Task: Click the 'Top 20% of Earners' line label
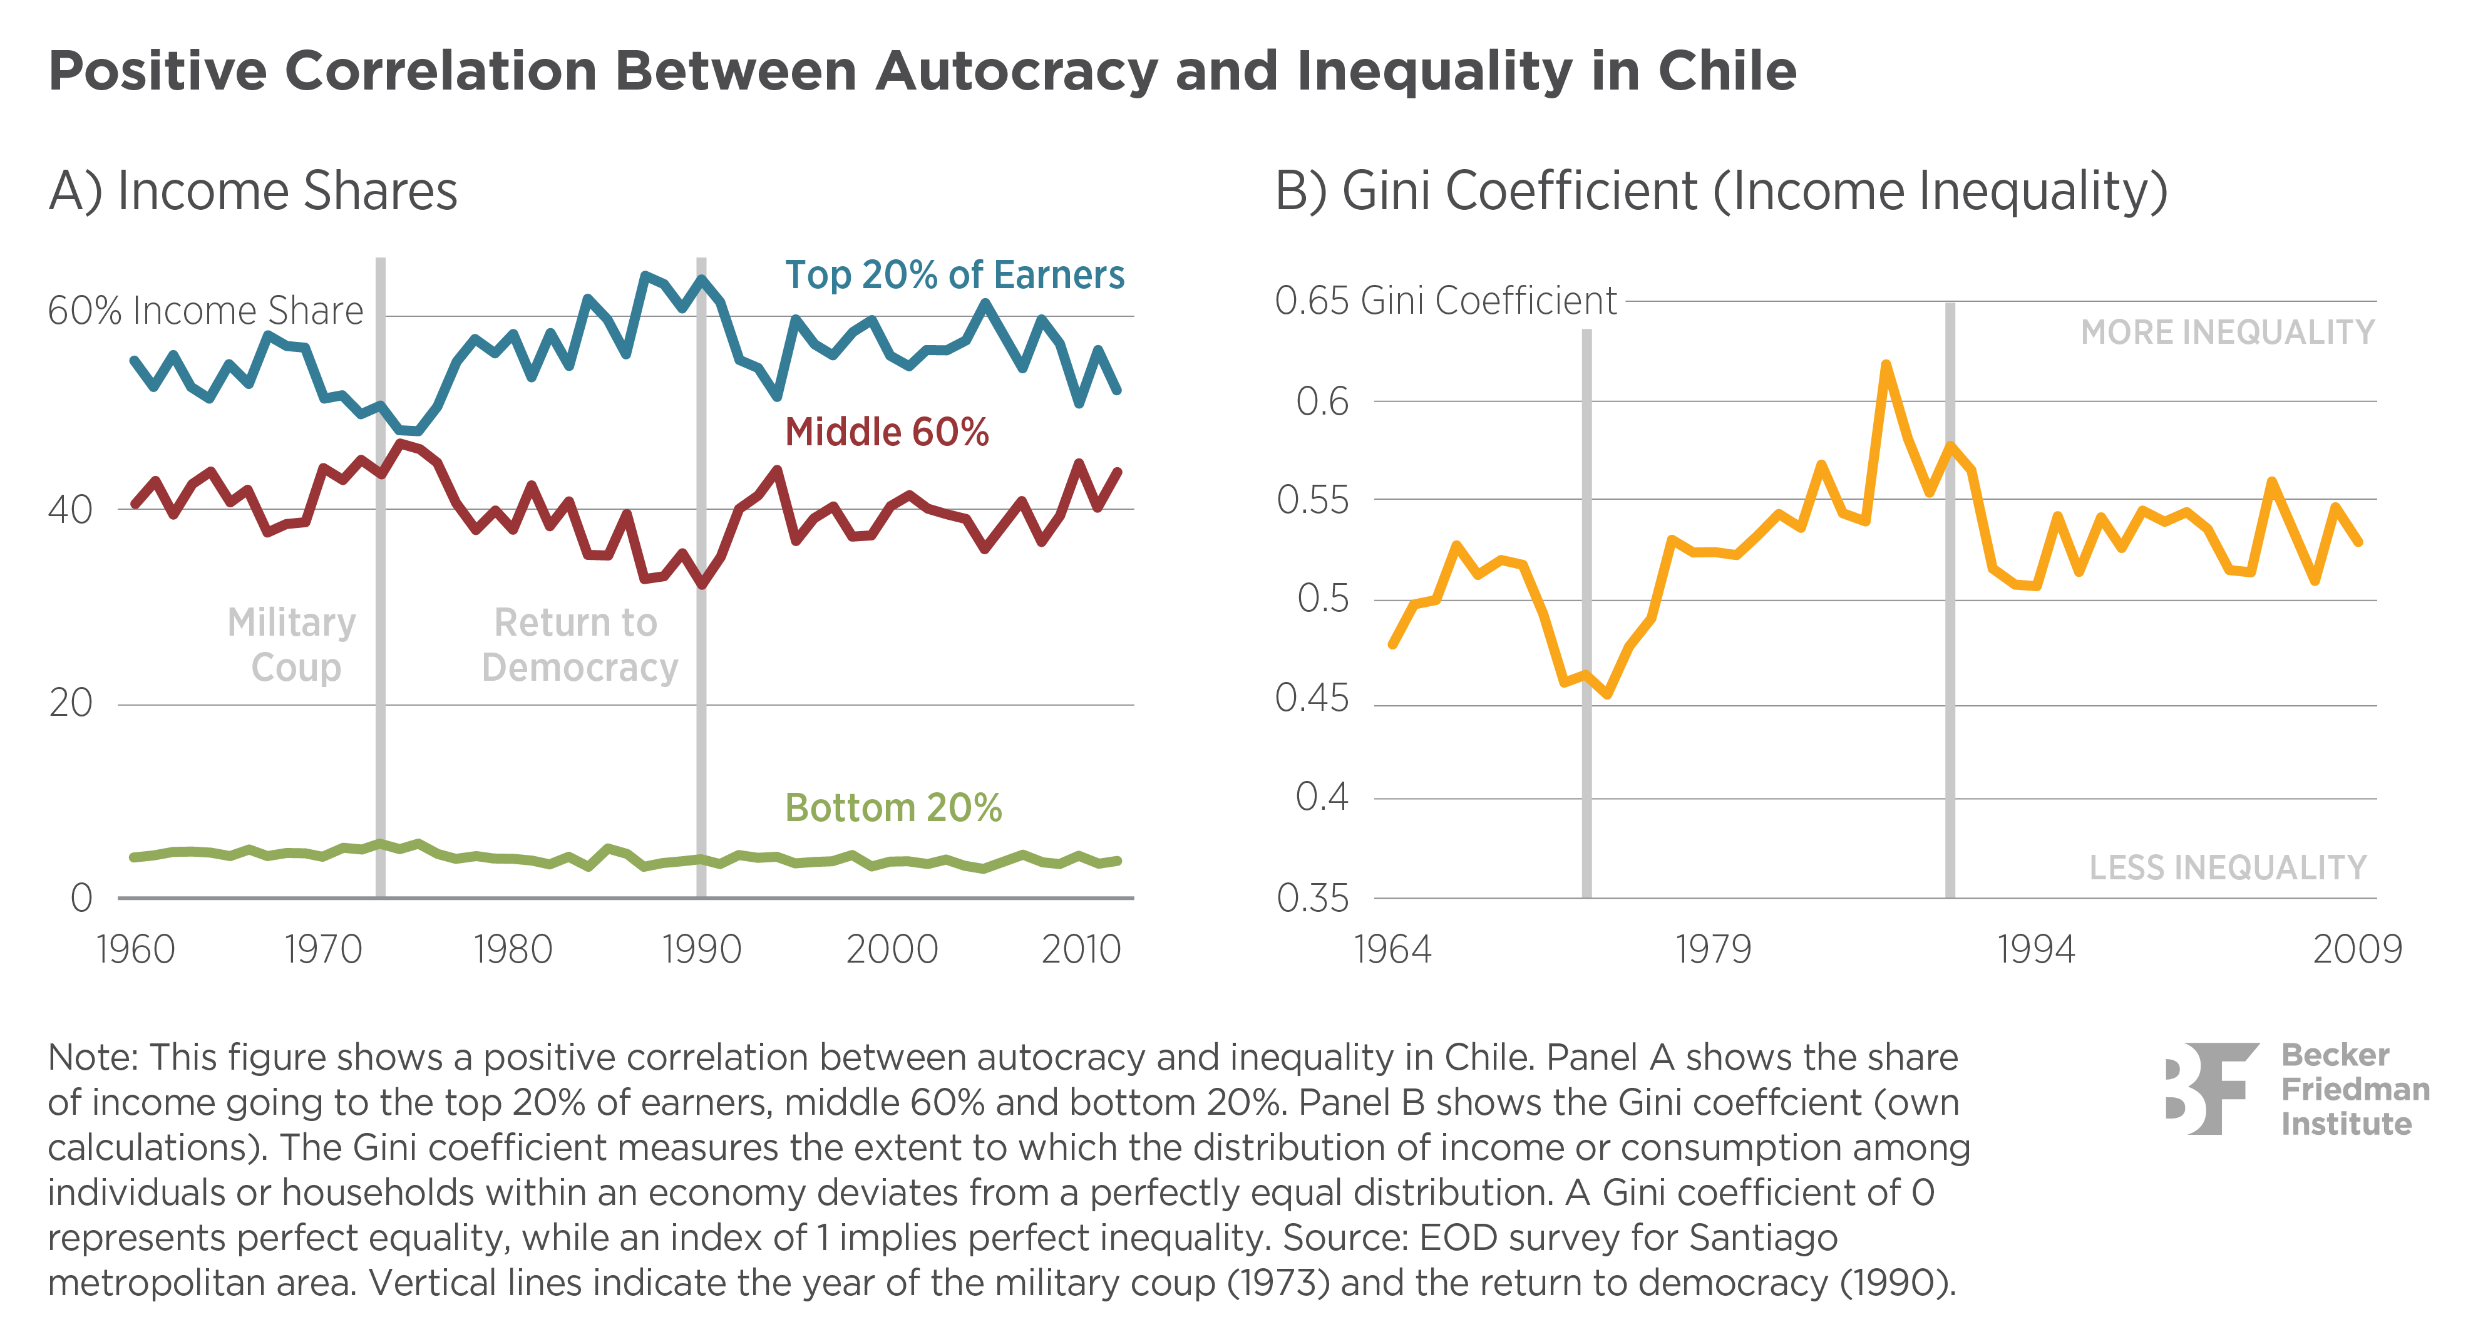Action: (954, 276)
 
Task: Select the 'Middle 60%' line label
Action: (887, 432)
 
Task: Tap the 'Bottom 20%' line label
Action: (893, 808)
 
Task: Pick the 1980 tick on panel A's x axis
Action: (512, 949)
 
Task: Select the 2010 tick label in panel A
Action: (1081, 949)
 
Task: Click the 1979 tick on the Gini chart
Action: (1713, 949)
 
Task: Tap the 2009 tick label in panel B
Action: (2357, 949)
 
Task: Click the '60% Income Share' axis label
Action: (205, 311)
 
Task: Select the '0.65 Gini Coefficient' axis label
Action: (1445, 301)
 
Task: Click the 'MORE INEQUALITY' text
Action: (2226, 333)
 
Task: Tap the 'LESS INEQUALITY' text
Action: (2226, 868)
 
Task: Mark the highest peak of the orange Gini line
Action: (1886, 364)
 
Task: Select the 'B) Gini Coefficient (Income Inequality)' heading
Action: (1720, 191)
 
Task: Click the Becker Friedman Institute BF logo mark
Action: (2211, 1088)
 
